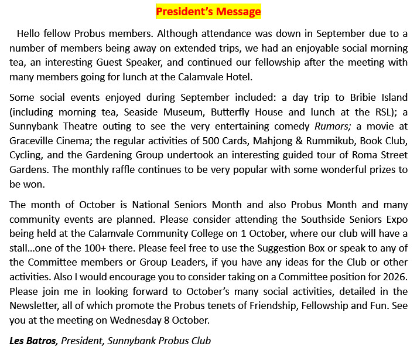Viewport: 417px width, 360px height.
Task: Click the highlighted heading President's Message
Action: (208, 11)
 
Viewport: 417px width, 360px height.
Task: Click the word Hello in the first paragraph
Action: (30, 33)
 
